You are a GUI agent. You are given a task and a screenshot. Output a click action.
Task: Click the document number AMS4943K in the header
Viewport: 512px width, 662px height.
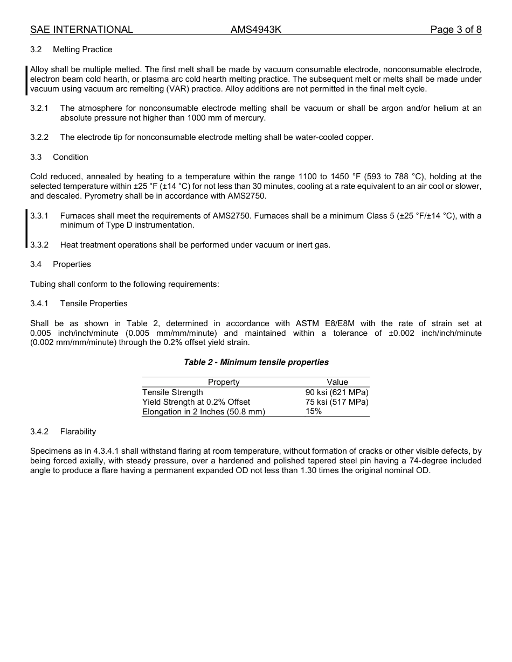[256, 30]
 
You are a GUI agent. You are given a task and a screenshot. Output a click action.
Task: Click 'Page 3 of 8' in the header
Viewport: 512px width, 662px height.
[455, 30]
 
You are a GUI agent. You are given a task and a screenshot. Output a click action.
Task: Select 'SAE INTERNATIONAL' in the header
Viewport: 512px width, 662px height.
[81, 30]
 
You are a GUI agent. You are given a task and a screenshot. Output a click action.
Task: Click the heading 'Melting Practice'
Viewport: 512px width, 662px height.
[82, 50]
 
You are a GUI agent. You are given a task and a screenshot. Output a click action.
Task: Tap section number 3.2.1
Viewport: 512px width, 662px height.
[39, 108]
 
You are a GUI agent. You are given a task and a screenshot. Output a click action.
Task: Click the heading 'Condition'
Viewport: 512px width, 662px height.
[71, 157]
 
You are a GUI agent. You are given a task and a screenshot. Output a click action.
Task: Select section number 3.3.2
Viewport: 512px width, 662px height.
[39, 245]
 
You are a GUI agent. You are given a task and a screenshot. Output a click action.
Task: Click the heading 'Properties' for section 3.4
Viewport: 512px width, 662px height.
[72, 264]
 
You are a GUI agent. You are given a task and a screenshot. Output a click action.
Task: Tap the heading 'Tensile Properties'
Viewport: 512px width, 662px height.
[94, 304]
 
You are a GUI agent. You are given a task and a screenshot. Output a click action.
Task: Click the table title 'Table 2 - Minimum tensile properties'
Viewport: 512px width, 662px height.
[256, 362]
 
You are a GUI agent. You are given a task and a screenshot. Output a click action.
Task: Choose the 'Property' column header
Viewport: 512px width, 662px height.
[224, 382]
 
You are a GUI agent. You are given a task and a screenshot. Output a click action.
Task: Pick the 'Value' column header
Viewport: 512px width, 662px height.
[337, 382]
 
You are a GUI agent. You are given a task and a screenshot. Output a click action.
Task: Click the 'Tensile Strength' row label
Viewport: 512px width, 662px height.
[172, 392]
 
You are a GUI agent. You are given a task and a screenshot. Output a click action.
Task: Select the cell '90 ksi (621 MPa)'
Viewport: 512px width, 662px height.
[337, 392]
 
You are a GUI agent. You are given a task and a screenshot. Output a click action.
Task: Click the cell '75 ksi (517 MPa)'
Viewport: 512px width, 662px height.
[337, 402]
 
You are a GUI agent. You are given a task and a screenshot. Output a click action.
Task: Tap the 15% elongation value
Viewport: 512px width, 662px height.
[314, 412]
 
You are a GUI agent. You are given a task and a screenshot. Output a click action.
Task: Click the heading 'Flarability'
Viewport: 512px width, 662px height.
[78, 432]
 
